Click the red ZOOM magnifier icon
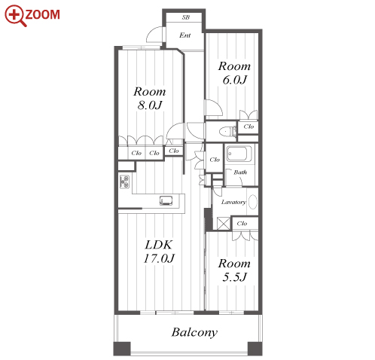tap(15, 16)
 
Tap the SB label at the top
tap(186, 17)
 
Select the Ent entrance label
tap(185, 35)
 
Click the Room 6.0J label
tap(234, 73)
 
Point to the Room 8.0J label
tap(150, 98)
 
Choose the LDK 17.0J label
tap(159, 252)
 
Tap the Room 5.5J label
tap(234, 270)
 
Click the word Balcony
tap(194, 332)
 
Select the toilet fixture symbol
tap(227, 131)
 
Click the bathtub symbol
tap(239, 154)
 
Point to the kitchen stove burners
tap(124, 182)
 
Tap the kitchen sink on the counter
tap(166, 200)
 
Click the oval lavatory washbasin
tap(253, 202)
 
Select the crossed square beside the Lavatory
tap(224, 223)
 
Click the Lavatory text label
tap(233, 202)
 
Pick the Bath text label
tap(240, 172)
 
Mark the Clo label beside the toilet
tap(248, 127)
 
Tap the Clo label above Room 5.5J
tap(242, 224)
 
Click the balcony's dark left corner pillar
tap(122, 349)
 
